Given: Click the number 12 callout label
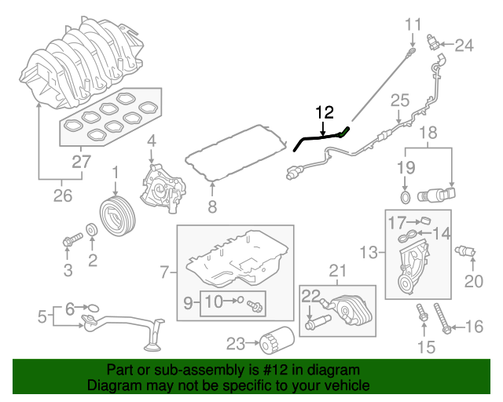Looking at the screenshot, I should pyautogui.click(x=325, y=113).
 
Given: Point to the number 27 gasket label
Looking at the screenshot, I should pyautogui.click(x=81, y=163).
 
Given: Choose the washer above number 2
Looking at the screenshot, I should pyautogui.click(x=92, y=229).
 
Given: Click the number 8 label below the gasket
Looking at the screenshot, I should pyautogui.click(x=211, y=207).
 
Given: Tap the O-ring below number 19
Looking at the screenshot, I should pyautogui.click(x=405, y=196).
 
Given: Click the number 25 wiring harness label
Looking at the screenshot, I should pyautogui.click(x=400, y=100).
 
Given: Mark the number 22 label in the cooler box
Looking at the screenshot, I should pyautogui.click(x=311, y=295).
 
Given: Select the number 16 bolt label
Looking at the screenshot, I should pyautogui.click(x=475, y=327).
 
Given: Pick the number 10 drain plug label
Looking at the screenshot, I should pyautogui.click(x=215, y=301).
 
